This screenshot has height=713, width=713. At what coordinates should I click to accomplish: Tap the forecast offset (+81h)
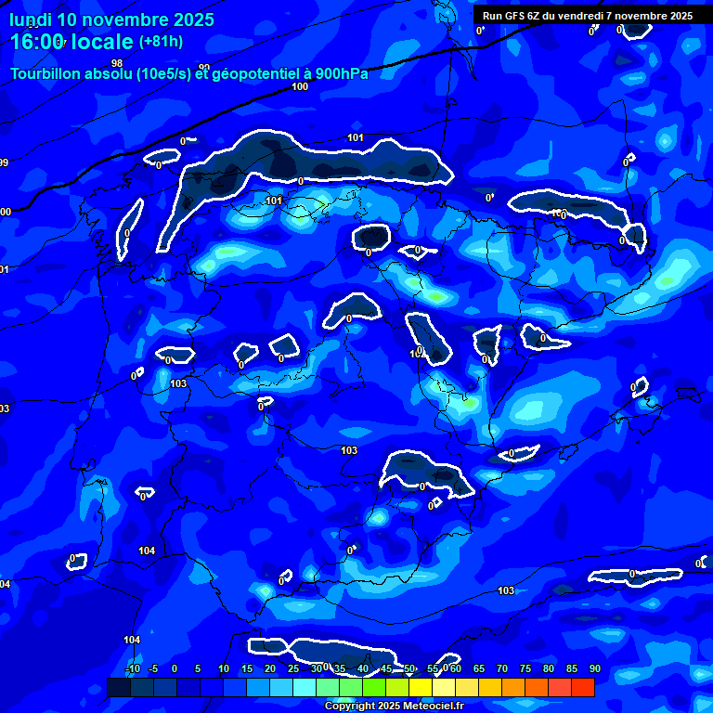161,41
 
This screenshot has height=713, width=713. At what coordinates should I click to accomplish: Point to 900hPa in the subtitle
341,73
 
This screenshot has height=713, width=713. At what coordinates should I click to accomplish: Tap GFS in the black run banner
517,16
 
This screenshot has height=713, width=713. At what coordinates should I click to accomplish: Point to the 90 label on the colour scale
594,668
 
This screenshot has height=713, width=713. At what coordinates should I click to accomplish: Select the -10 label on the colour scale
133,668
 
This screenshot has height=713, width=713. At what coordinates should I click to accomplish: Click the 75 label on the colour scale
525,668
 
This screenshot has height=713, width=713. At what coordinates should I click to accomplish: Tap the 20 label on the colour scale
270,668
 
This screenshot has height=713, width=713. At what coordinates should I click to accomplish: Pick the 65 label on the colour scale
479,668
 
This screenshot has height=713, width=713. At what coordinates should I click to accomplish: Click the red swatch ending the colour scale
583,687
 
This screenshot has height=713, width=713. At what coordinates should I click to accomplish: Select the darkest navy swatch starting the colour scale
119,687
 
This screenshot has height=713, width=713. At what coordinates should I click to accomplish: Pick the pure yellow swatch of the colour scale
421,687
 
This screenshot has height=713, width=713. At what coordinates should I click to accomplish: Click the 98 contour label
117,63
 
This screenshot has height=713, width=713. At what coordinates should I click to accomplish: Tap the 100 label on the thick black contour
300,86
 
